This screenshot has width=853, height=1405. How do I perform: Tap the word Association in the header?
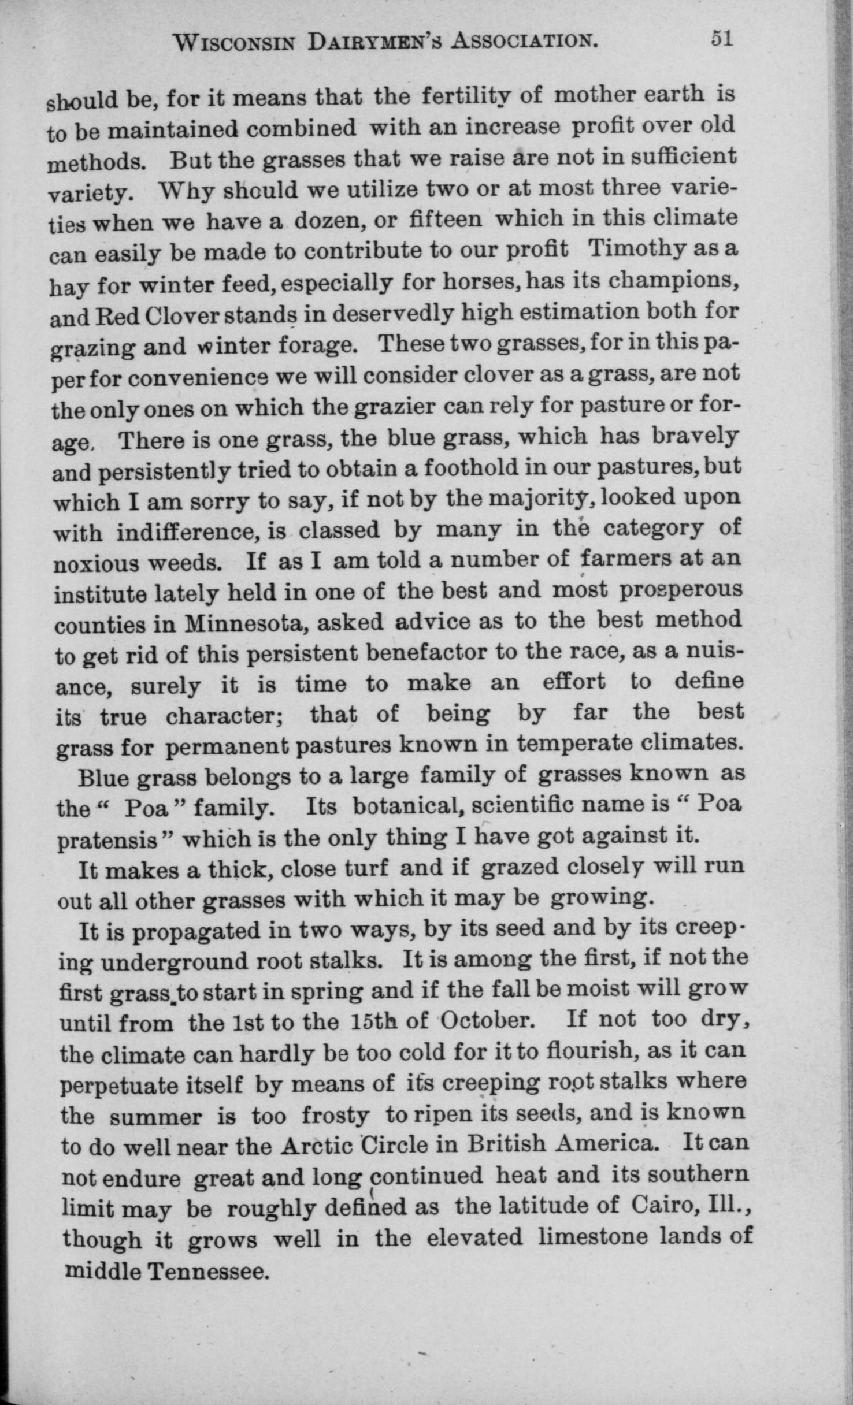tap(524, 41)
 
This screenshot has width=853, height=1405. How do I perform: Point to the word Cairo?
tap(658, 1206)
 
